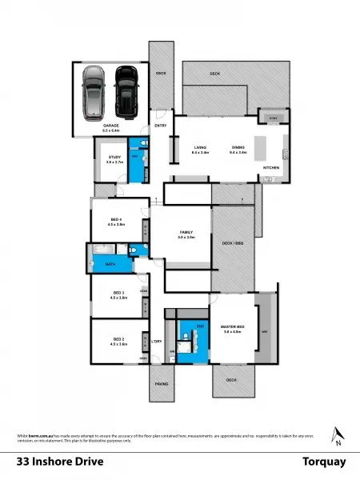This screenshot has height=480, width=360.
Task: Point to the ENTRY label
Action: tap(160, 126)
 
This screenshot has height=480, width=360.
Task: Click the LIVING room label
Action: tap(200, 147)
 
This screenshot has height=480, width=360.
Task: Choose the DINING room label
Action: tap(238, 147)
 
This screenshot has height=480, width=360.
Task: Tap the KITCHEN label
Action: tap(271, 166)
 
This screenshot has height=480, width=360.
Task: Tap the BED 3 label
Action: tap(118, 294)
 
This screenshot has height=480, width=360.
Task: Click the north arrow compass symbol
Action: tap(338, 436)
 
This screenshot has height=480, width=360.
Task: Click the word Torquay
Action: tap(323, 462)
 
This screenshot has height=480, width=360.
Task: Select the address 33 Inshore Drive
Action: tap(60, 462)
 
